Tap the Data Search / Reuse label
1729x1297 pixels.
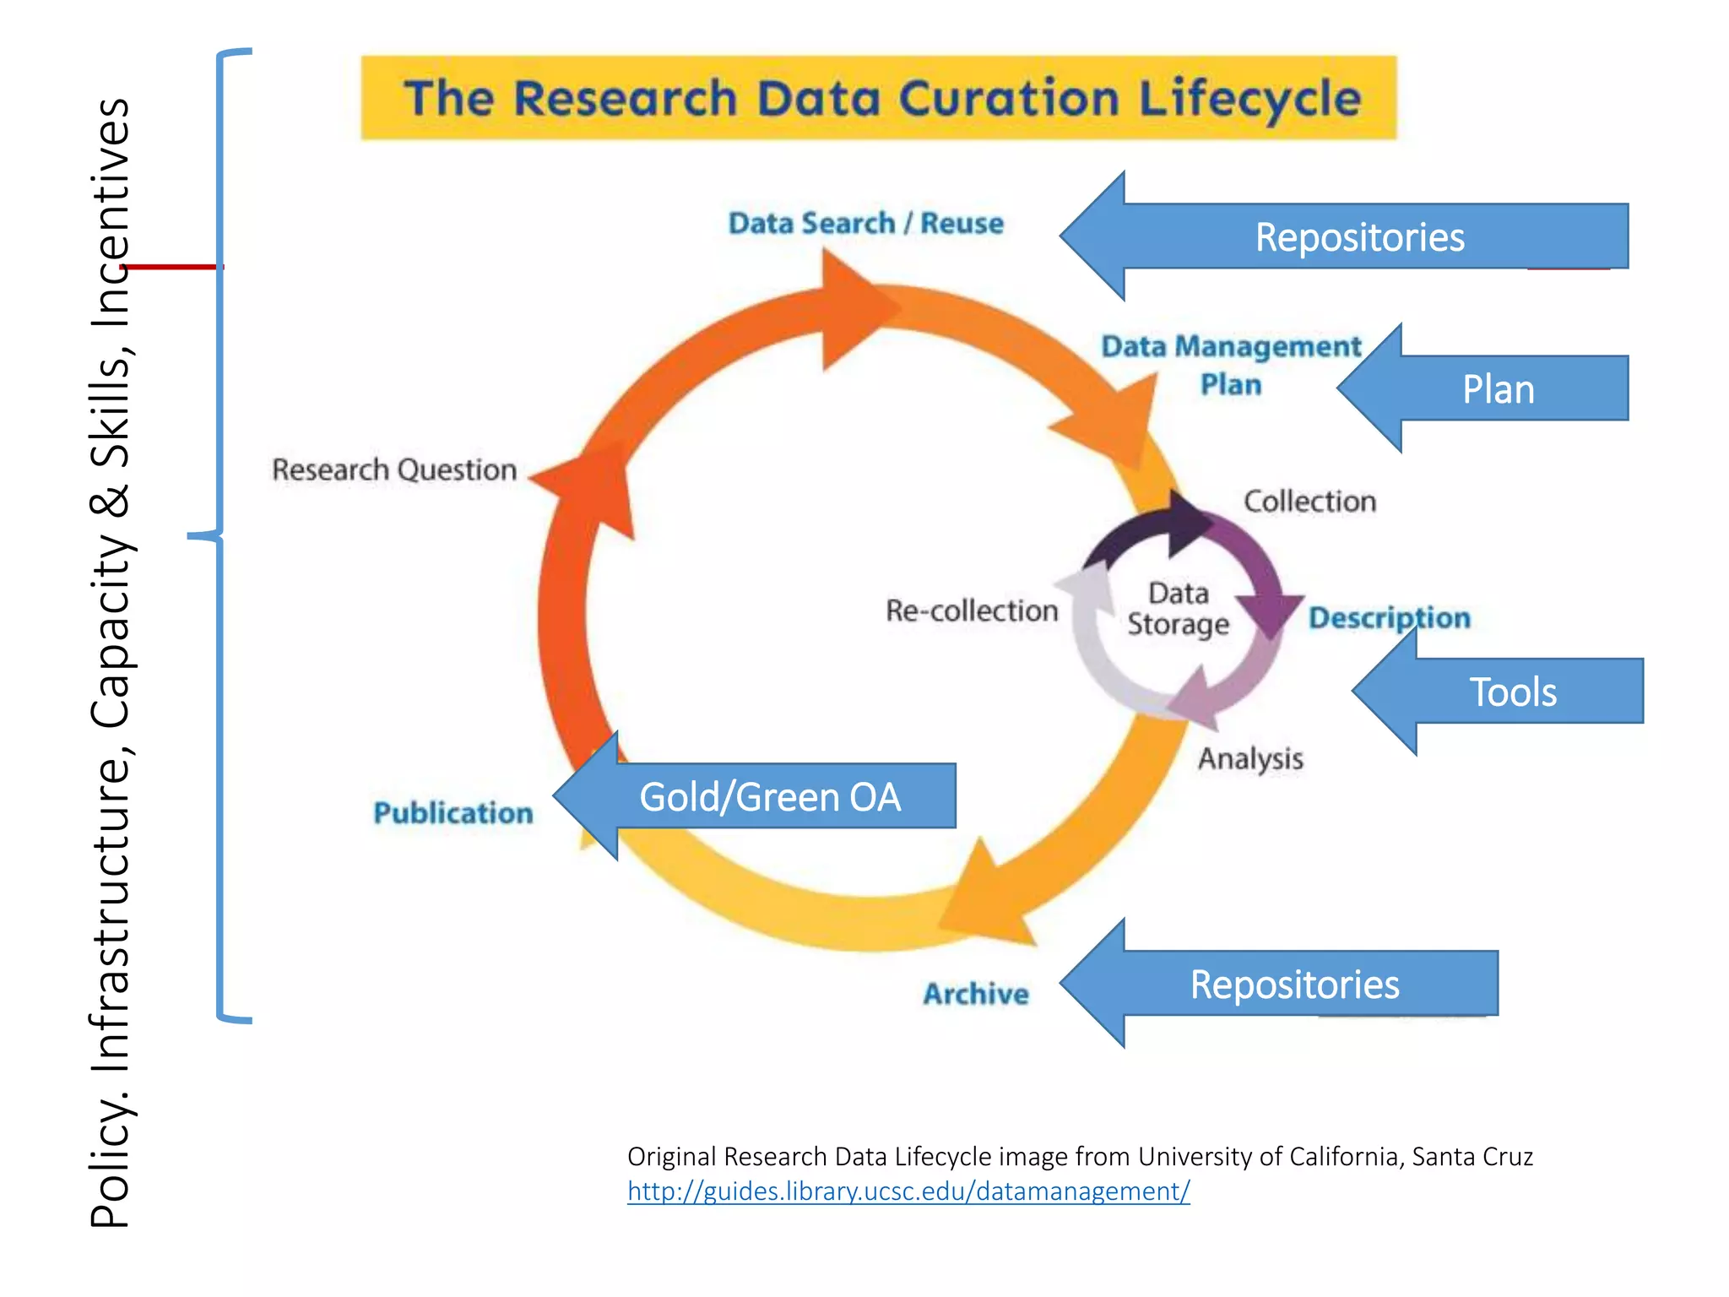tap(866, 224)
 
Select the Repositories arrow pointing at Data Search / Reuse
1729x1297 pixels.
tap(1359, 237)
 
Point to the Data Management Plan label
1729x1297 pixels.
tap(1231, 365)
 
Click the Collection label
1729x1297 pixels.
tap(1309, 502)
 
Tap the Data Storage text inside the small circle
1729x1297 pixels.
tap(1179, 609)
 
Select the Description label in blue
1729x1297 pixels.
tap(1390, 617)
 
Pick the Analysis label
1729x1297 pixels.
tap(1250, 758)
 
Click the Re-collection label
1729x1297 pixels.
tap(972, 611)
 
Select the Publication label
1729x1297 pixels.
tap(453, 813)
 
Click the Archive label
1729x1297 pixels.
tap(976, 994)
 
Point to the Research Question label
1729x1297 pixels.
tap(394, 469)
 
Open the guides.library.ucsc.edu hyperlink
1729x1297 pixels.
tap(908, 1191)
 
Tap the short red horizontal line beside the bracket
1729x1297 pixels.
tap(173, 267)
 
